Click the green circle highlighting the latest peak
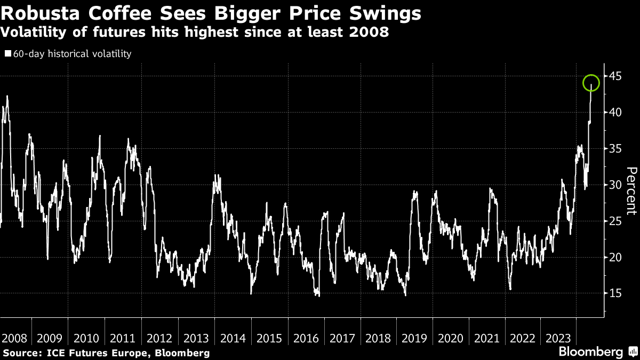point(591,83)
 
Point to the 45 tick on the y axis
point(616,76)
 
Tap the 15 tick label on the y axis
point(616,293)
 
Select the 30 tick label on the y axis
point(616,185)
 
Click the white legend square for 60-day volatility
point(7,54)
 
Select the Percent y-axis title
point(631,191)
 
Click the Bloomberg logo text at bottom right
point(590,352)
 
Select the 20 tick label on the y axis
point(616,257)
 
